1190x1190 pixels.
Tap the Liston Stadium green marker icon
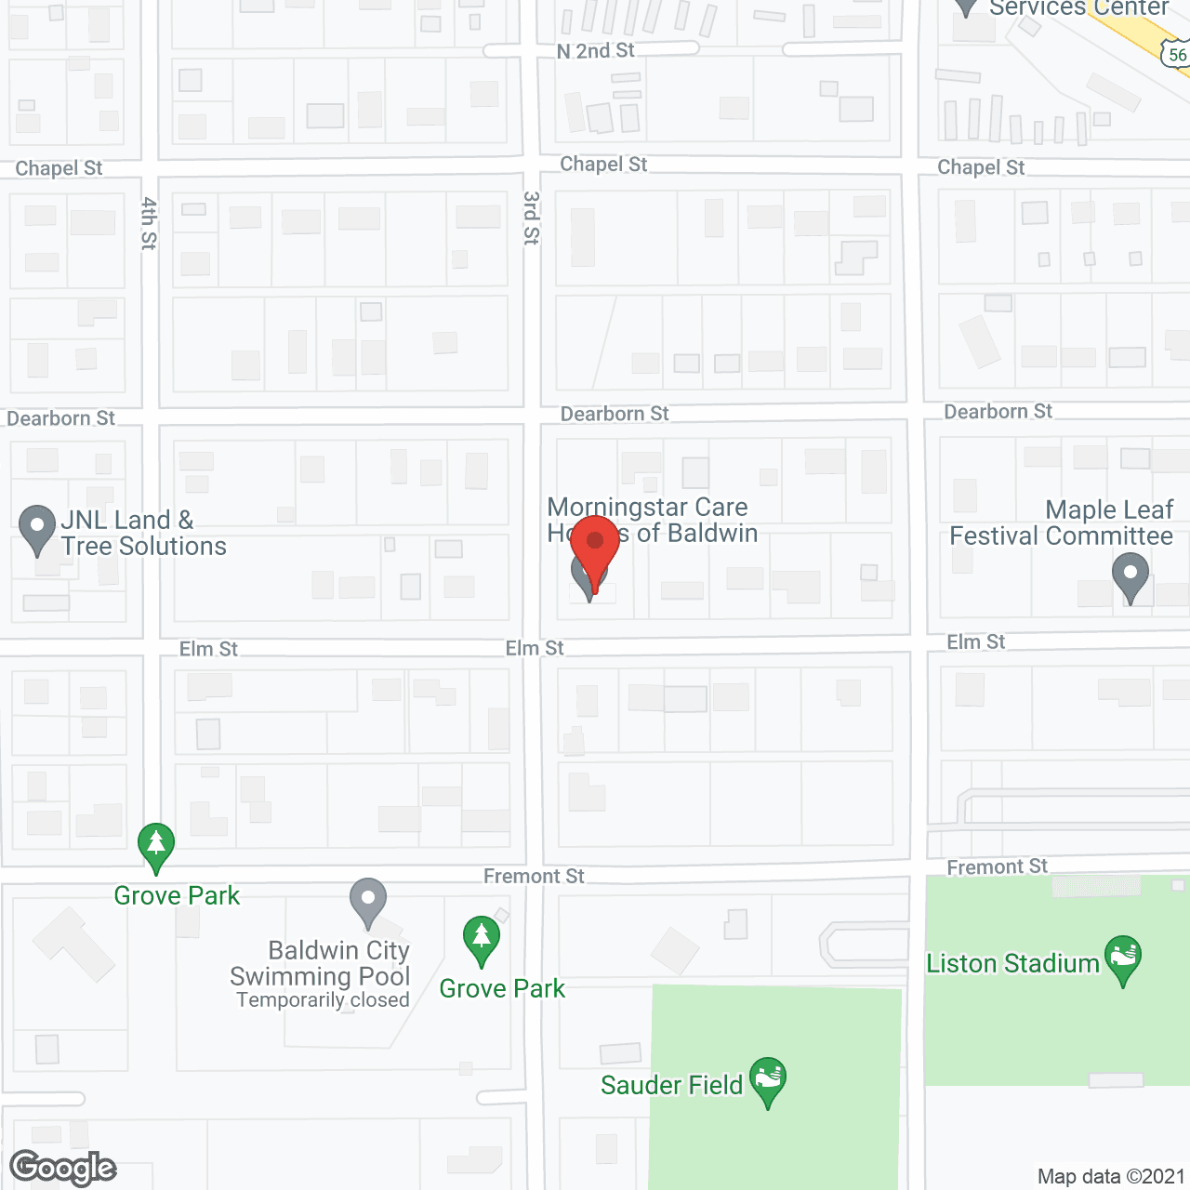coord(1123,959)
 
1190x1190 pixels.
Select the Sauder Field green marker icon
coord(768,1080)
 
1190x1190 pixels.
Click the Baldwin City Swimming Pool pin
coord(368,901)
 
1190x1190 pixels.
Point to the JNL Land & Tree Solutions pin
coord(37,528)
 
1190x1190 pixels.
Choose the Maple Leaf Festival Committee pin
coord(1130,575)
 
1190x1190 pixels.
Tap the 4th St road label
coord(149,223)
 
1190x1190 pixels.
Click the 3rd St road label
coord(531,218)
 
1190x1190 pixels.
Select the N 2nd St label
coord(595,51)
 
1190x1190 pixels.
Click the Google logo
coord(63,1168)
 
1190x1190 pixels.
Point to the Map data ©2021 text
coord(1111,1176)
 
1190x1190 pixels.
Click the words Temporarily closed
coord(323,1000)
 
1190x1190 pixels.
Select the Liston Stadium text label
coord(1012,963)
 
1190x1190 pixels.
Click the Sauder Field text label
coord(671,1085)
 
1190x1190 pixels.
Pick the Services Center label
coord(1078,8)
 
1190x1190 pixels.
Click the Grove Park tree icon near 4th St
coord(156,845)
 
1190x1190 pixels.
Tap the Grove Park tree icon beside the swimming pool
coord(481,938)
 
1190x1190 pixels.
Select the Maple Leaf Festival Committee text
coord(1062,522)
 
